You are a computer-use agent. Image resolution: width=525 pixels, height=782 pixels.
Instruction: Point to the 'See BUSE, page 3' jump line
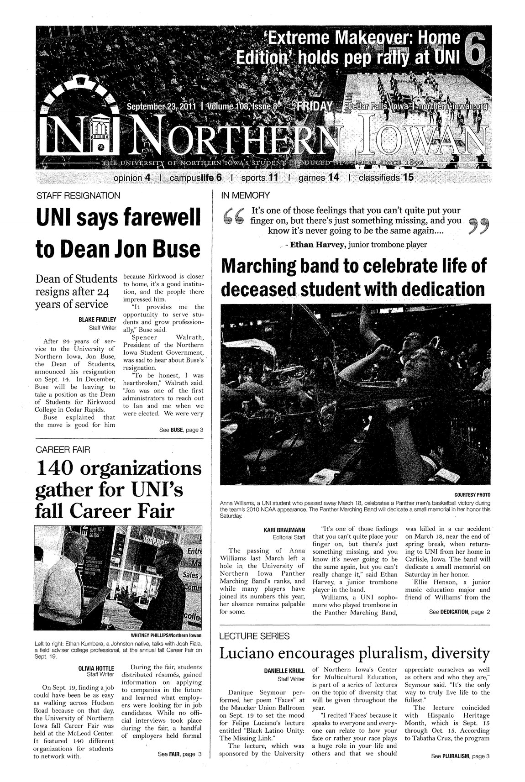[x=180, y=429]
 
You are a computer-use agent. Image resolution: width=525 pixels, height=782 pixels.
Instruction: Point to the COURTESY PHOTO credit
[x=472, y=494]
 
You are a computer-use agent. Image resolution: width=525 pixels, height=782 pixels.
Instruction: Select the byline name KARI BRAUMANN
[x=285, y=530]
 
